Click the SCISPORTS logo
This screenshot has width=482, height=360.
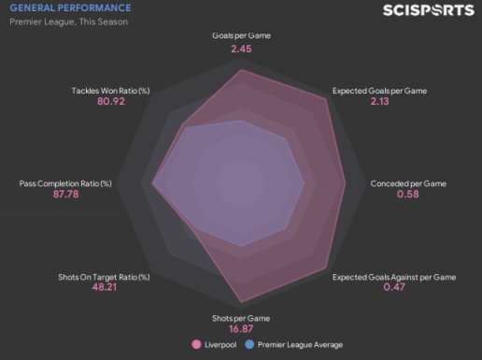pyautogui.click(x=429, y=10)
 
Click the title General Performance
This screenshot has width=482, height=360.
pyautogui.click(x=70, y=7)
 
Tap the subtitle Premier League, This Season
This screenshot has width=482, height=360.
pyautogui.click(x=69, y=22)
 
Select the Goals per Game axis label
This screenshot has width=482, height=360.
pyautogui.click(x=241, y=36)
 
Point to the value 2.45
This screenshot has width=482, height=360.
pyautogui.click(x=241, y=49)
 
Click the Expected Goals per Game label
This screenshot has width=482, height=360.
pyautogui.click(x=379, y=91)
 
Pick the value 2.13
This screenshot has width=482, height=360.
pyautogui.click(x=379, y=101)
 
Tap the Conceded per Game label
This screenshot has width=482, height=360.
pyautogui.click(x=408, y=183)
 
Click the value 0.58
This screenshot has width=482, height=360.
pyautogui.click(x=408, y=194)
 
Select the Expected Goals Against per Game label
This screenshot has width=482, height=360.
pyautogui.click(x=394, y=277)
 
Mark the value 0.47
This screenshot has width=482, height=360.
pyautogui.click(x=394, y=287)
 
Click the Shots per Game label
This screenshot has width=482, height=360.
pyautogui.click(x=241, y=318)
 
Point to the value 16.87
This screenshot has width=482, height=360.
pyautogui.click(x=241, y=329)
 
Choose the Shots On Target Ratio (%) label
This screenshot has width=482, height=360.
pyautogui.click(x=104, y=277)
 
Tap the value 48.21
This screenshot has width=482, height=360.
pyautogui.click(x=105, y=287)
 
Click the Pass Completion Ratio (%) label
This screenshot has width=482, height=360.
pyautogui.click(x=65, y=183)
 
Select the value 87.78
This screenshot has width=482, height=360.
pyautogui.click(x=65, y=194)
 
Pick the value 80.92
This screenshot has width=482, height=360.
pyautogui.click(x=111, y=101)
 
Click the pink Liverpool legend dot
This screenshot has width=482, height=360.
pyautogui.click(x=196, y=344)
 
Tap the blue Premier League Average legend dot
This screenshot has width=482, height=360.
pyautogui.click(x=249, y=344)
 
